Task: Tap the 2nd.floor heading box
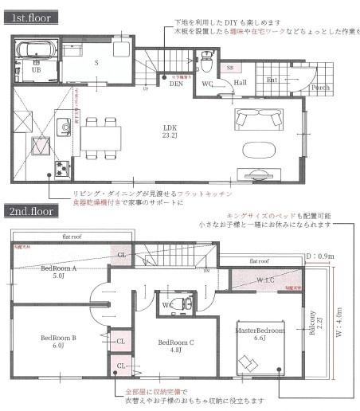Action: [32, 212]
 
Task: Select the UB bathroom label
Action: [36, 69]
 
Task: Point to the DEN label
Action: [176, 82]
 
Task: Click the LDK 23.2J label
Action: [169, 129]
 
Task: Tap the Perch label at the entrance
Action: [320, 87]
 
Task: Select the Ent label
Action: [272, 80]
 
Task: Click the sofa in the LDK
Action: [258, 119]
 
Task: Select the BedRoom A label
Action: [58, 272]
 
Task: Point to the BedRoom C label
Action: [174, 345]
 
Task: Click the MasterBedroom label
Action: [260, 329]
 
